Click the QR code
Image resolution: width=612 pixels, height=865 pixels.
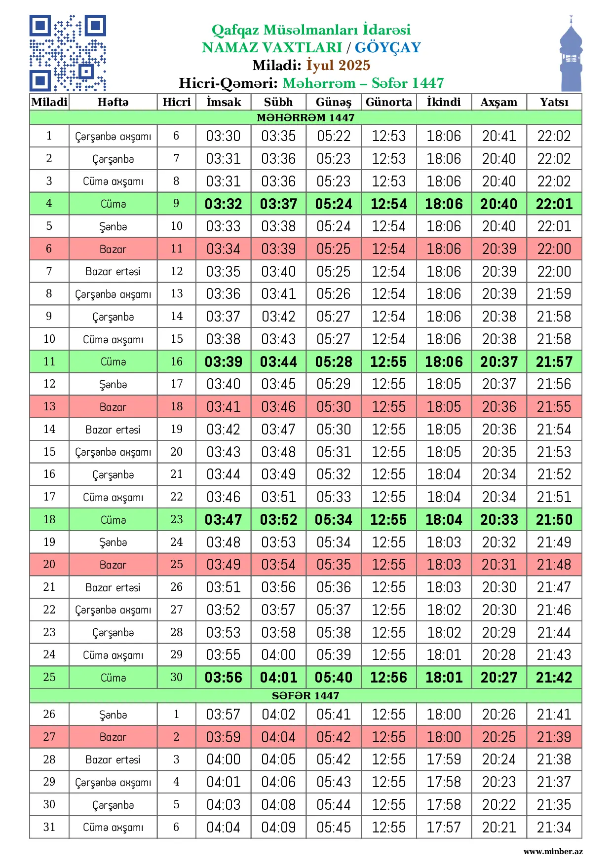click(x=68, y=53)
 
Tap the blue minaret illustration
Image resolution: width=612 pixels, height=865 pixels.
click(x=571, y=54)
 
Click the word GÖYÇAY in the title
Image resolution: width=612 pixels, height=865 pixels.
click(x=387, y=47)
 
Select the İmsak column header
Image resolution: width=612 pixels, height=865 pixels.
click(x=224, y=102)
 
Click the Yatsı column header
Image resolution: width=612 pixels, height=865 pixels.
click(x=554, y=102)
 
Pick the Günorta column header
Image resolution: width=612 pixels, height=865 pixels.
click(x=388, y=102)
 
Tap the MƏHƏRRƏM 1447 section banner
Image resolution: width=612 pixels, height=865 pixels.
click(x=306, y=117)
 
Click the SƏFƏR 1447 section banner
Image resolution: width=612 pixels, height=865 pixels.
click(x=306, y=695)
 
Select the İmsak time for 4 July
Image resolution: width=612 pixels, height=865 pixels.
click(x=224, y=204)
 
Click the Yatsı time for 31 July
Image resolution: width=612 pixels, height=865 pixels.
click(x=554, y=827)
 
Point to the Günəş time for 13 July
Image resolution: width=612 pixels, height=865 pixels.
click(x=334, y=407)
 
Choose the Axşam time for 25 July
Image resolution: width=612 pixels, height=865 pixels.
click(x=499, y=677)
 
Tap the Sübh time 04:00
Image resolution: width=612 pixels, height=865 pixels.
click(x=278, y=655)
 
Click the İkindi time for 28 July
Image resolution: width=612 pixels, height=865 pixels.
click(x=444, y=759)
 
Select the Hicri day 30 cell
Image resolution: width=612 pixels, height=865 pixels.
click(x=176, y=677)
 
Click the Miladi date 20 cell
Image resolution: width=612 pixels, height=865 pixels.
click(x=49, y=564)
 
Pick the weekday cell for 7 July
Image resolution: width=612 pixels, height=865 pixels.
click(x=113, y=271)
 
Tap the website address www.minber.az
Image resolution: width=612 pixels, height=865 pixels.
click(x=553, y=851)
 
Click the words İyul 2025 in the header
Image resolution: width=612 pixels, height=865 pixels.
click(x=338, y=65)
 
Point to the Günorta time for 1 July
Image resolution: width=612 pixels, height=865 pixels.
click(x=388, y=136)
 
